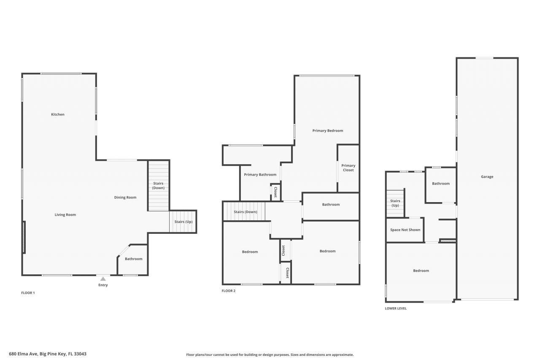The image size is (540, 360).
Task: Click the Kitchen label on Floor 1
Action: pyautogui.click(x=58, y=114)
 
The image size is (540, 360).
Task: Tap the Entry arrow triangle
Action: pyautogui.click(x=103, y=279)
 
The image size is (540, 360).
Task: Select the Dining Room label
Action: pyautogui.click(x=125, y=197)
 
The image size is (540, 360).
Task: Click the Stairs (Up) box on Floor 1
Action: pyautogui.click(x=183, y=222)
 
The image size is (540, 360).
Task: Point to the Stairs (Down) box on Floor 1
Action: pyautogui.click(x=159, y=186)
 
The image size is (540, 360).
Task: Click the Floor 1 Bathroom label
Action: pyautogui.click(x=133, y=259)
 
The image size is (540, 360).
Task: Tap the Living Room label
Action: pyautogui.click(x=65, y=214)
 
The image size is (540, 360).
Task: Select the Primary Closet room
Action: pyautogui.click(x=348, y=168)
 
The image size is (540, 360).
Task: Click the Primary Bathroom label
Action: pyautogui.click(x=260, y=175)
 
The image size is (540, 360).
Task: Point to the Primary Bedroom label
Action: pyautogui.click(x=328, y=130)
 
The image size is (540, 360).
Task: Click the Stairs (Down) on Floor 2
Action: pyautogui.click(x=245, y=211)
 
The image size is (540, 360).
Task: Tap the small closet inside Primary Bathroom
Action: pyautogui.click(x=275, y=192)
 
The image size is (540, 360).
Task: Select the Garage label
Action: pyautogui.click(x=487, y=176)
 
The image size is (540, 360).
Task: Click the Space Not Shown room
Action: pyautogui.click(x=405, y=230)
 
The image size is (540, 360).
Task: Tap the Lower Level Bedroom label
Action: pyautogui.click(x=421, y=271)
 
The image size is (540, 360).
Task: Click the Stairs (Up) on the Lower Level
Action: pyautogui.click(x=395, y=203)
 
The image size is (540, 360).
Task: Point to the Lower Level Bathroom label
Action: pyautogui.click(x=441, y=184)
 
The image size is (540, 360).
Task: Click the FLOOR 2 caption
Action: pyautogui.click(x=229, y=291)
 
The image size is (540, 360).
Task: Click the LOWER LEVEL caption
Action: pyautogui.click(x=396, y=309)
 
